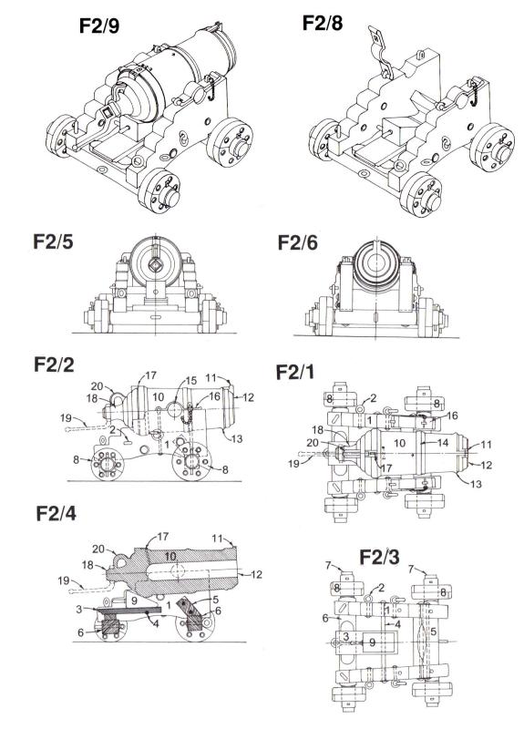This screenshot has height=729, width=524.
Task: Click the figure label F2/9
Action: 99,26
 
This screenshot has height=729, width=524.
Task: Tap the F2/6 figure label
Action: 298,242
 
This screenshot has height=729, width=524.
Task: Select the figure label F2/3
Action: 379,557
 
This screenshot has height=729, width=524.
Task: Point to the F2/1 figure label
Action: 294,372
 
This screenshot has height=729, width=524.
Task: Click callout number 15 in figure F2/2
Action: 191,381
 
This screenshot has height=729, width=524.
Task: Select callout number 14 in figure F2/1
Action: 442,442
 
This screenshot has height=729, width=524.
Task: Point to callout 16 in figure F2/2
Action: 214,396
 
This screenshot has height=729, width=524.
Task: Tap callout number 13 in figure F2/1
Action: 476,484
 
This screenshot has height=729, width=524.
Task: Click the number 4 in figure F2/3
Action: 398,623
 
